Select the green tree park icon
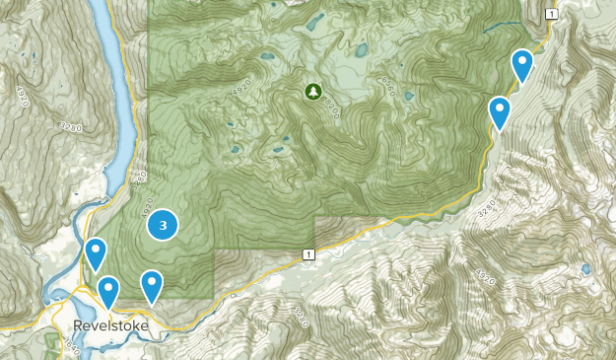[x=312, y=92]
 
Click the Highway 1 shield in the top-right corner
[x=551, y=12]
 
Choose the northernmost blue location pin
[x=521, y=65]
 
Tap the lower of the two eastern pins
[x=501, y=111]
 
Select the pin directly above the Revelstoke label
[x=107, y=291]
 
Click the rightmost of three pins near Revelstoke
[x=151, y=285]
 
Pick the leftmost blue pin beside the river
[x=95, y=253]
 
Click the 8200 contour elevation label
[x=333, y=107]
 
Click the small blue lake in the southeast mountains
[x=585, y=268]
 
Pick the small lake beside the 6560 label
[x=361, y=49]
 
